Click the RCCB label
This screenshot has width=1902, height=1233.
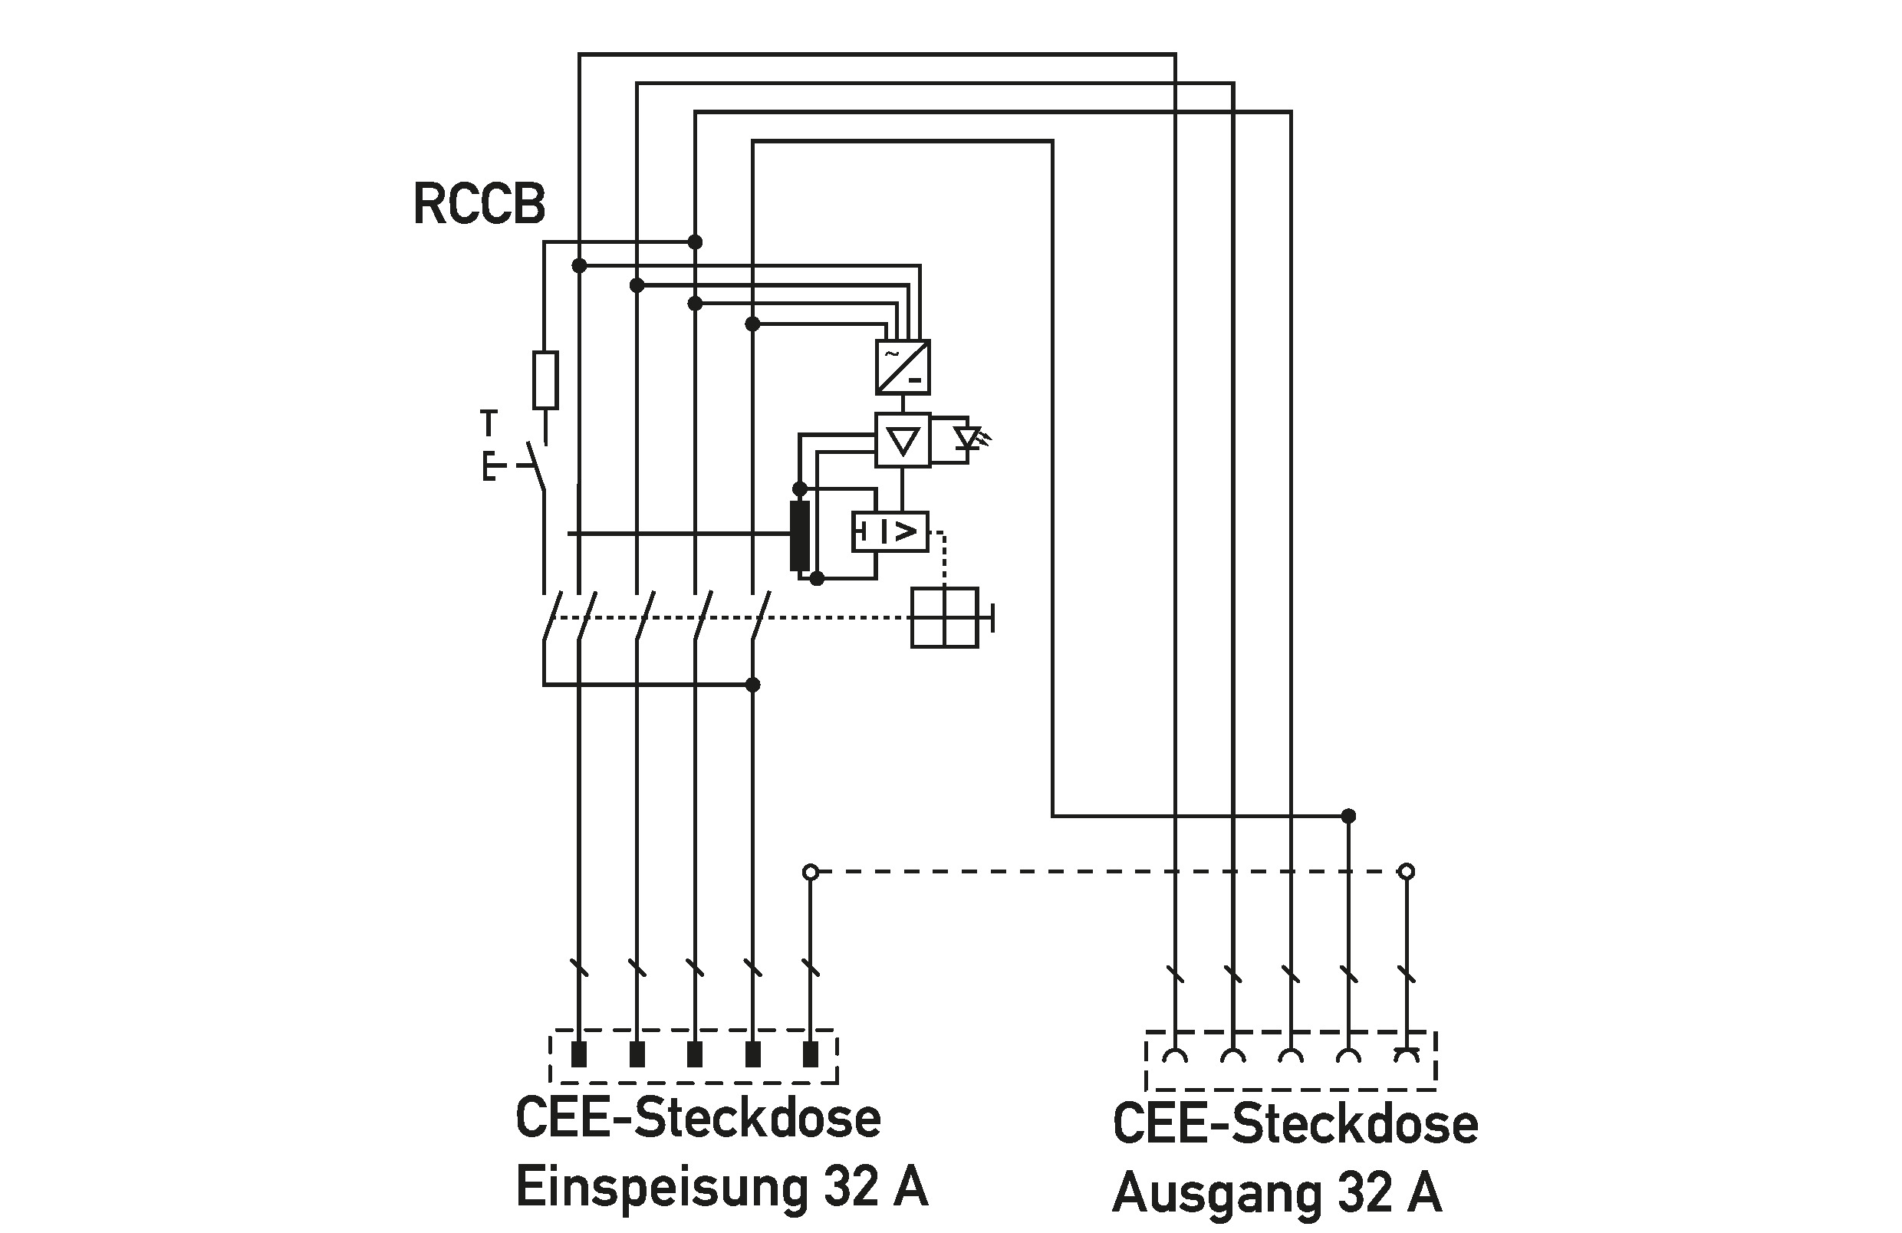point(479,204)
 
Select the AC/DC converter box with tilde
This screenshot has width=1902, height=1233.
point(903,367)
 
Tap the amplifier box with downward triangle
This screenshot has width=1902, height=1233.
point(903,439)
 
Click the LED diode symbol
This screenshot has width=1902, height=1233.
point(970,438)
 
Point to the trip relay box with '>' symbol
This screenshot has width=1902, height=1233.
point(890,531)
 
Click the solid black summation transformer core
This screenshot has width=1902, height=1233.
point(799,536)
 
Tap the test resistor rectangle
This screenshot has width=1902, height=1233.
point(545,380)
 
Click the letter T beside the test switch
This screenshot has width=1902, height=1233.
point(489,422)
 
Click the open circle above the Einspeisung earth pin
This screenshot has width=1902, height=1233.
point(811,871)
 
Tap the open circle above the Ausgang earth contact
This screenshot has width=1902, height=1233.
point(1407,871)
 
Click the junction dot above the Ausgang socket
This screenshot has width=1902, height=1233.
point(1348,816)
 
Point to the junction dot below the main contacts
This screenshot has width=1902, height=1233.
point(752,685)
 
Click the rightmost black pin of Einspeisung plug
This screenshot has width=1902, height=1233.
point(811,1054)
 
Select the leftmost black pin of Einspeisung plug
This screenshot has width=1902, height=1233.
point(578,1054)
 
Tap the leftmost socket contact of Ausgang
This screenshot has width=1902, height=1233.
point(1175,1056)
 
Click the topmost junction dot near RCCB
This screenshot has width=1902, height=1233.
point(695,242)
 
